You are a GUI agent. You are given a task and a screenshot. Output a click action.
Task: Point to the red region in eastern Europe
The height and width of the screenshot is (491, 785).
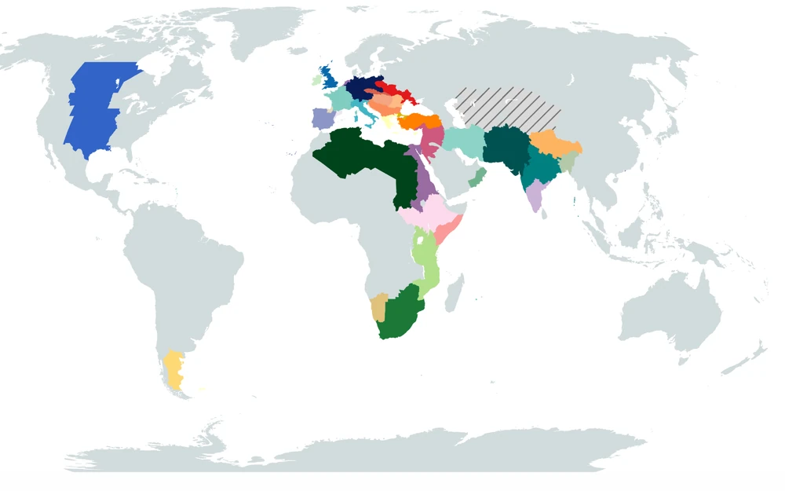point(392,90)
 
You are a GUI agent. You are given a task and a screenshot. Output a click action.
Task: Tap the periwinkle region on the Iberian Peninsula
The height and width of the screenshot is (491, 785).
point(323,118)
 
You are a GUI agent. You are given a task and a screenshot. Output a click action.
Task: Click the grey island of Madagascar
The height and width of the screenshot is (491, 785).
point(454,296)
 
